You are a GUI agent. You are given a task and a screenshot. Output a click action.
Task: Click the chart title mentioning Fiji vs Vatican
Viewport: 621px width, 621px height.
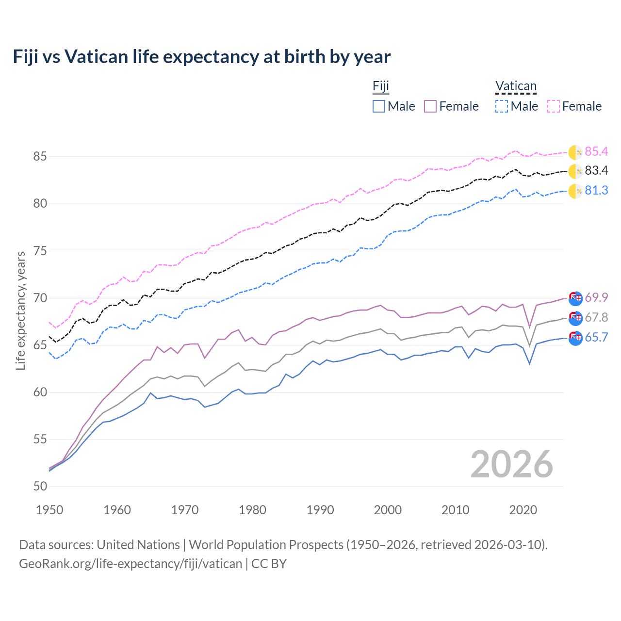pyautogui.click(x=201, y=57)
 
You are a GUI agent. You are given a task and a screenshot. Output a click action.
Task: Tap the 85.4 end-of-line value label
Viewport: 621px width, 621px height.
pyautogui.click(x=596, y=152)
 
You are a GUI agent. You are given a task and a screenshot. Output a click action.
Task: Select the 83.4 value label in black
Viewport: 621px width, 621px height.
pyautogui.click(x=596, y=171)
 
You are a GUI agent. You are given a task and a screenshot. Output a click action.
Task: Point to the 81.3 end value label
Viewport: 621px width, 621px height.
pyautogui.click(x=596, y=191)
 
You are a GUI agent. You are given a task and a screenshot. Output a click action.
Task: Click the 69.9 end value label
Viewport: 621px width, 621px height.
pyautogui.click(x=596, y=297)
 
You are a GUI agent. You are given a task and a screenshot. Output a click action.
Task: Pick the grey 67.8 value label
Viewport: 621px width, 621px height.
pyautogui.click(x=596, y=317)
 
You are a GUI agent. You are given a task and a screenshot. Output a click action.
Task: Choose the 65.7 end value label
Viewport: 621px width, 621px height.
pyautogui.click(x=596, y=338)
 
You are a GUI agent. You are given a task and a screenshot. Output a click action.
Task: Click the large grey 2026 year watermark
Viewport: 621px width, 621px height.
pyautogui.click(x=511, y=464)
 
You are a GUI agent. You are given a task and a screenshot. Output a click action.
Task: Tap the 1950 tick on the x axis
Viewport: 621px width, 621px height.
pyautogui.click(x=49, y=510)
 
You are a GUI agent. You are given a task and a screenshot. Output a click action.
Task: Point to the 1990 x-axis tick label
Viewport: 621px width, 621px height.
pyautogui.click(x=320, y=510)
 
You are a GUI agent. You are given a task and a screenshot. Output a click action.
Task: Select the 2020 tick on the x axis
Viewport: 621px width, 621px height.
pyautogui.click(x=523, y=510)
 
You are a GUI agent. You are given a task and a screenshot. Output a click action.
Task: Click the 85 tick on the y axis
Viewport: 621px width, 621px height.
pyautogui.click(x=40, y=157)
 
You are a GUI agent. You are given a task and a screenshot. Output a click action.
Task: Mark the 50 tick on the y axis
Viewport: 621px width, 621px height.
pyautogui.click(x=40, y=487)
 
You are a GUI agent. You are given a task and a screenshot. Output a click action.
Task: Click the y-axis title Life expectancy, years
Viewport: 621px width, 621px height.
pyautogui.click(x=21, y=310)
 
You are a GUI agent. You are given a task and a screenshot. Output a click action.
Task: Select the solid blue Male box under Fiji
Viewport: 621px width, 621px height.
pyautogui.click(x=379, y=106)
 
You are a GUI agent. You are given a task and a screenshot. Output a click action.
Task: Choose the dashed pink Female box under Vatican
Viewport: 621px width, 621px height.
pyautogui.click(x=554, y=106)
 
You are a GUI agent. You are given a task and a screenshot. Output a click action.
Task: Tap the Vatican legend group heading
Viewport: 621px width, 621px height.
pyautogui.click(x=516, y=86)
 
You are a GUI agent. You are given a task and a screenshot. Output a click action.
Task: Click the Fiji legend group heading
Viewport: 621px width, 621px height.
pyautogui.click(x=381, y=86)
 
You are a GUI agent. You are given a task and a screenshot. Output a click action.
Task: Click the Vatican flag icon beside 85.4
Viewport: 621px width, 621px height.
pyautogui.click(x=575, y=152)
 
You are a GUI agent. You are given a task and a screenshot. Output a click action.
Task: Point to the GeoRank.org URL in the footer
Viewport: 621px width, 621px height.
pyautogui.click(x=131, y=564)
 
